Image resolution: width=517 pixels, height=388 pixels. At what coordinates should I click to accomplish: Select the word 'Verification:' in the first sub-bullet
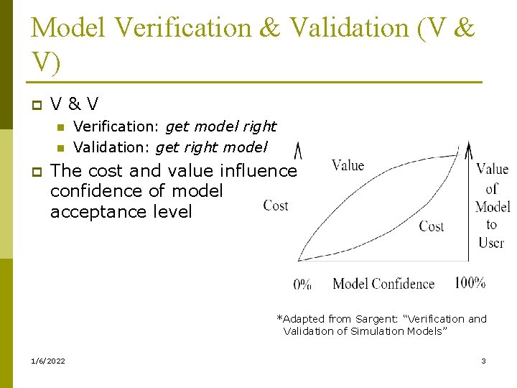click(116, 126)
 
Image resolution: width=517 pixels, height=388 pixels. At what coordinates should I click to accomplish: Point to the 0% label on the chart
click(302, 285)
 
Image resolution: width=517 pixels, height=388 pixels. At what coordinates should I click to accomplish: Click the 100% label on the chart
click(470, 282)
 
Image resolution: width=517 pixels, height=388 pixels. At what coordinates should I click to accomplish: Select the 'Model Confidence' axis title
click(383, 284)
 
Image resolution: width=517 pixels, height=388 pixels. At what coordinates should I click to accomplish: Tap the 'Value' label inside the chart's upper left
click(348, 165)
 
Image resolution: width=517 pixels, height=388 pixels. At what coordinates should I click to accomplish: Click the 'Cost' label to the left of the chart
click(276, 205)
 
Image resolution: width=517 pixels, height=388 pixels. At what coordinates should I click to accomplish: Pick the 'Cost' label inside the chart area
click(432, 226)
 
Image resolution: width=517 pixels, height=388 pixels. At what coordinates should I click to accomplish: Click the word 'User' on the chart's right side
click(491, 243)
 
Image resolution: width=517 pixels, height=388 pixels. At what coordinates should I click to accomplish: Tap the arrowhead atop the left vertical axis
click(298, 150)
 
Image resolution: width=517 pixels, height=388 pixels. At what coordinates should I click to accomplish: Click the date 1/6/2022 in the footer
click(48, 361)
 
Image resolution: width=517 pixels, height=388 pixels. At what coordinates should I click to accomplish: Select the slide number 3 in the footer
click(483, 361)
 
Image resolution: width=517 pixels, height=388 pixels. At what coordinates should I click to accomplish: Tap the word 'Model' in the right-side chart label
click(493, 207)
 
